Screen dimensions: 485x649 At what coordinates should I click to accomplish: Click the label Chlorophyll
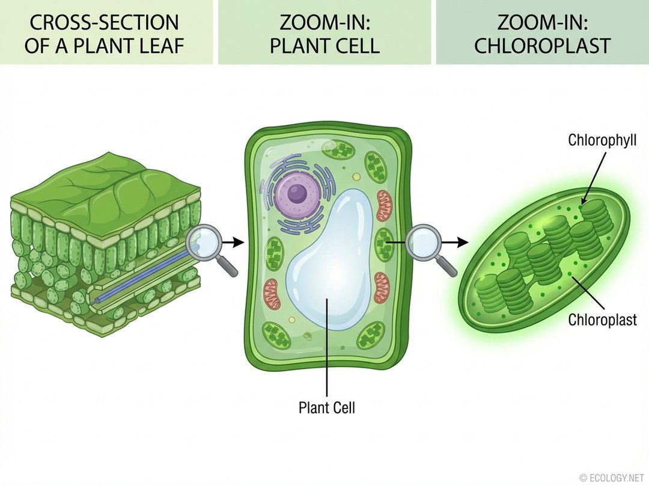click(602, 141)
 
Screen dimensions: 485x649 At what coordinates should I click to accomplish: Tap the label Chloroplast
click(603, 320)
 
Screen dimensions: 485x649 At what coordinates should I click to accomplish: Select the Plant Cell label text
click(327, 407)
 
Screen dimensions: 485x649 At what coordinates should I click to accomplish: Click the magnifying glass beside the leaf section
click(203, 243)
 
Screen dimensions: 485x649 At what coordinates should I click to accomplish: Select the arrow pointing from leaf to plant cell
click(233, 242)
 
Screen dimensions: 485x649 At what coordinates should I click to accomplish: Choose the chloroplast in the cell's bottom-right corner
click(371, 335)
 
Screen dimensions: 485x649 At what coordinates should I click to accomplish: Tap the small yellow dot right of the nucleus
click(357, 178)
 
